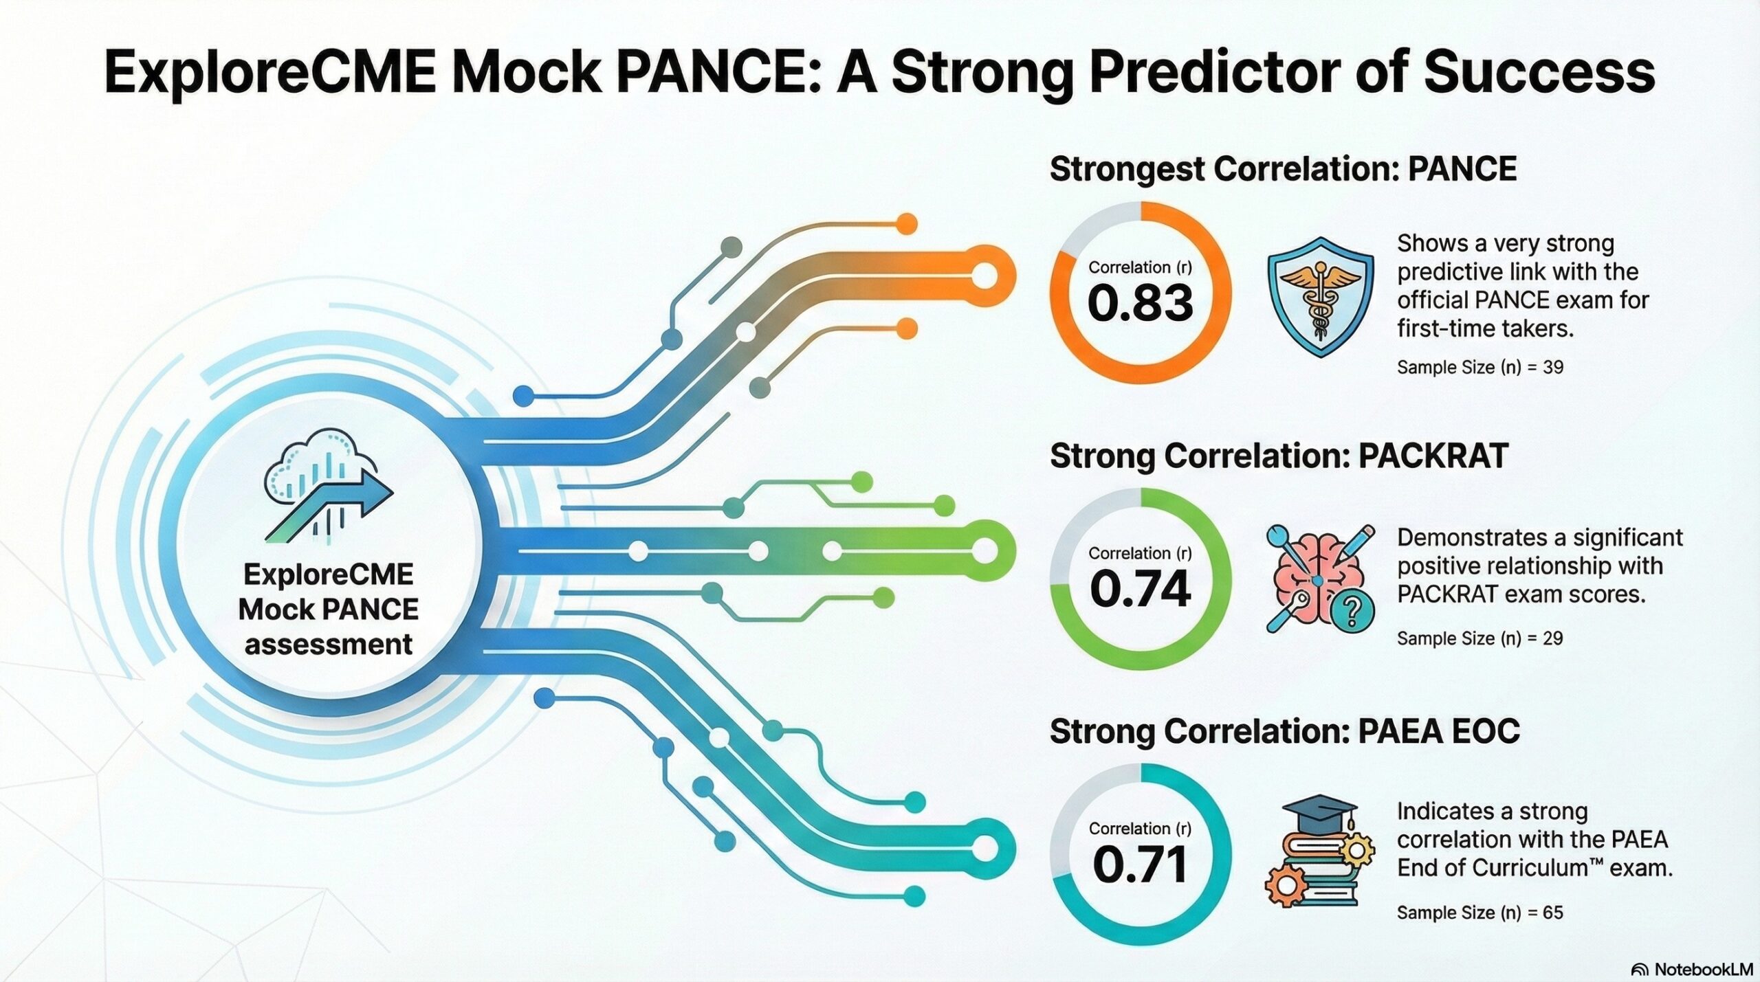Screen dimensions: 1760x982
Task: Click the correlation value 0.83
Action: (x=1141, y=303)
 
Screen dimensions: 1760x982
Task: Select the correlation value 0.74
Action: (x=1141, y=589)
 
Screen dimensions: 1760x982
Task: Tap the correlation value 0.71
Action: (x=1141, y=864)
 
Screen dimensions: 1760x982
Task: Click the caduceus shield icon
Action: (x=1320, y=296)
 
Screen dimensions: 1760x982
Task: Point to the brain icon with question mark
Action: (x=1321, y=578)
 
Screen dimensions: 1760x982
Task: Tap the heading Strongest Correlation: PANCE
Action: (x=1283, y=169)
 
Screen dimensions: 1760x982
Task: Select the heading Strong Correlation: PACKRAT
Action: (x=1279, y=456)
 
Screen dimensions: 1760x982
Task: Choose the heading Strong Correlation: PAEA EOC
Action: (x=1284, y=731)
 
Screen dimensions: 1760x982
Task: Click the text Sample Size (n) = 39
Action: (x=1480, y=367)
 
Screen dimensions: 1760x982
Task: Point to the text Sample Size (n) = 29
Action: (x=1480, y=638)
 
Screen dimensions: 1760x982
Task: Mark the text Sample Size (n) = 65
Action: (x=1480, y=913)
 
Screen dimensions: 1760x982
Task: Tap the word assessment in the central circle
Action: (x=329, y=645)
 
